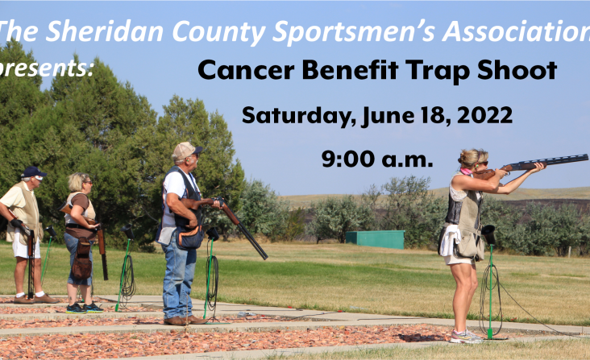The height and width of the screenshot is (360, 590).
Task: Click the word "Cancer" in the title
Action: [x=246, y=70]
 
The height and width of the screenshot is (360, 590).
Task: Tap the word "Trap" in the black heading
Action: [x=438, y=72]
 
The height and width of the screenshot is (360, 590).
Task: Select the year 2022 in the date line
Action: [x=484, y=115]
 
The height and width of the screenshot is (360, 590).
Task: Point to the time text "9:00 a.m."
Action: [x=377, y=159]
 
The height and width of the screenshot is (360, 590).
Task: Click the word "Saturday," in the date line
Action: [x=299, y=116]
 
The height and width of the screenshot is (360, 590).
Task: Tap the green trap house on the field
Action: [x=375, y=239]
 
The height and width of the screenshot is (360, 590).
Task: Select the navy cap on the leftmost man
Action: [x=33, y=172]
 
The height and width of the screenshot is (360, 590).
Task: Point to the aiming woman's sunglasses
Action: [x=483, y=163]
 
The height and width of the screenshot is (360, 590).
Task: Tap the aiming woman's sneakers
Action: [x=466, y=337]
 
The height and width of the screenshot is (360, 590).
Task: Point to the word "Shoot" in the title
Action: [x=517, y=70]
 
